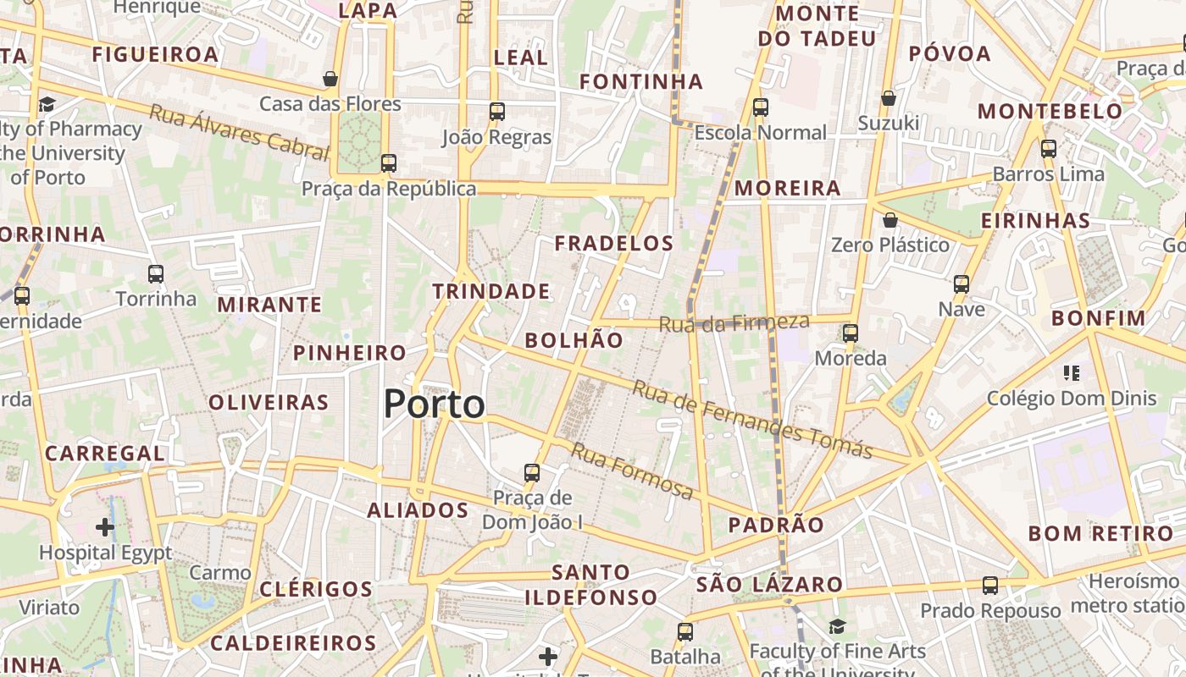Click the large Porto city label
coord(435,405)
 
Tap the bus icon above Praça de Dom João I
coord(532,472)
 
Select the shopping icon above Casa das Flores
coord(330,79)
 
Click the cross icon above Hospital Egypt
coord(105,528)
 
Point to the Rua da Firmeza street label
coord(734,322)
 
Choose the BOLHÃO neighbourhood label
coord(574,340)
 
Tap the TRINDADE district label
coord(491,292)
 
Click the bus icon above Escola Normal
coord(761,107)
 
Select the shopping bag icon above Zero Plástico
coord(890,221)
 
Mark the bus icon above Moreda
coord(851,333)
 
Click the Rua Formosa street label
coord(632,471)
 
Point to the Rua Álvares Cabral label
coord(239,133)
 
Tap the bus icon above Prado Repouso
coord(990,585)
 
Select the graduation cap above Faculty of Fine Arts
coord(837,626)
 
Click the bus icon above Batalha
coord(685,631)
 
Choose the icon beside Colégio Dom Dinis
coord(1071,373)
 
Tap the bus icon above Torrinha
coord(156,274)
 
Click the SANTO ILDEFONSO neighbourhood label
coord(590,585)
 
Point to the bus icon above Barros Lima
coord(1049,149)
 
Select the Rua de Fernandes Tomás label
coord(752,420)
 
